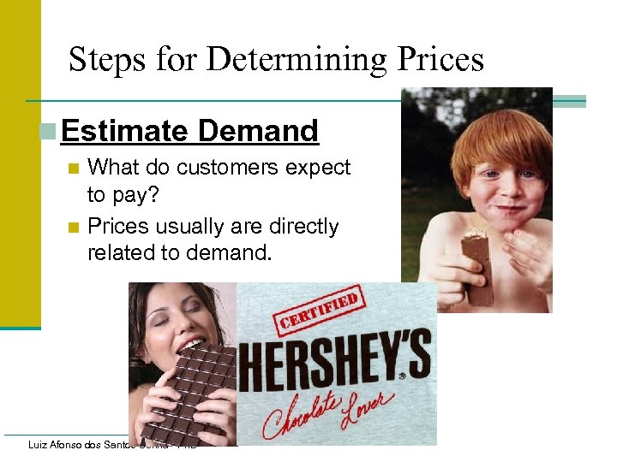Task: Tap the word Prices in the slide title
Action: (438, 60)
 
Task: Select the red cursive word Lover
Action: (368, 402)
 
